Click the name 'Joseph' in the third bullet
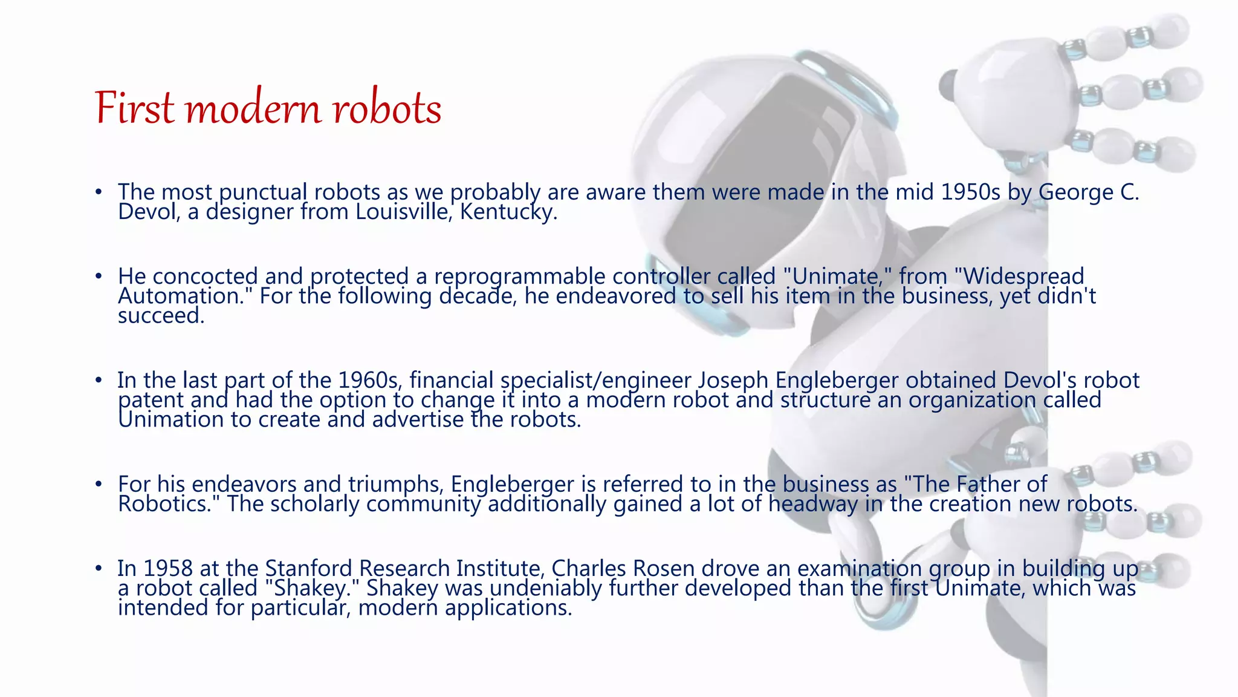(733, 381)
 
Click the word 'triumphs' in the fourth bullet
(396, 485)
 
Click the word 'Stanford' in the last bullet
(308, 569)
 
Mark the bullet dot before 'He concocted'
(99, 277)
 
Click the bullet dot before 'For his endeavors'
(99, 485)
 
